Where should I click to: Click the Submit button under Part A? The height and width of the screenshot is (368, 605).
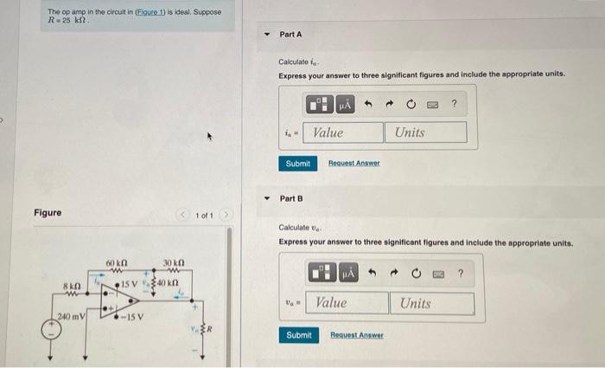click(298, 163)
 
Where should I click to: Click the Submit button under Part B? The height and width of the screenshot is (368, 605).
click(298, 334)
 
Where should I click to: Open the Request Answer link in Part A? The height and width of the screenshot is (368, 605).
click(354, 163)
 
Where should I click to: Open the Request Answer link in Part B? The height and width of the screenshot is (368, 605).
click(358, 334)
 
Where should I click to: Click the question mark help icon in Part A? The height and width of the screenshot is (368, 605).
click(454, 105)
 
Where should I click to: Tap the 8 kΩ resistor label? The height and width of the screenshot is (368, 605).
click(72, 285)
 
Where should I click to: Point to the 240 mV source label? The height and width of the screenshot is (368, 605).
click(71, 316)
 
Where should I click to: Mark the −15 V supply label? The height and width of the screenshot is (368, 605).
click(132, 316)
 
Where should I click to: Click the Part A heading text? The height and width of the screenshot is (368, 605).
click(290, 34)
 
